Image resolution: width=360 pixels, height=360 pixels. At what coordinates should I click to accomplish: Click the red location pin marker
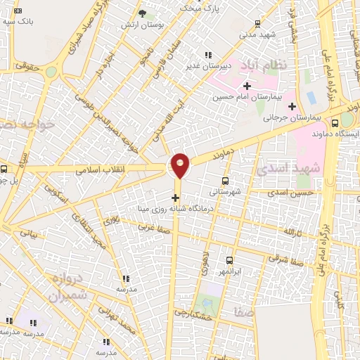click(181, 164)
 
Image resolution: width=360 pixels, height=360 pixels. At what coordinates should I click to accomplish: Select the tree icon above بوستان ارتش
click(142, 13)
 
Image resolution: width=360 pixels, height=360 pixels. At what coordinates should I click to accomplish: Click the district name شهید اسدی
click(288, 169)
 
